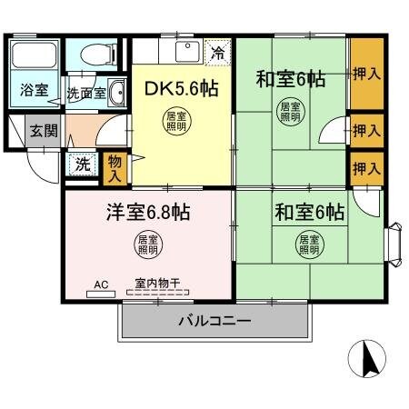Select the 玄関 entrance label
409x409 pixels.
tap(42, 130)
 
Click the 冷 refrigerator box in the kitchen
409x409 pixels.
tap(216, 52)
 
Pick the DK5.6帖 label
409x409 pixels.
tap(182, 89)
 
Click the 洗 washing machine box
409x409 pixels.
tap(82, 165)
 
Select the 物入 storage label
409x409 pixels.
tap(114, 166)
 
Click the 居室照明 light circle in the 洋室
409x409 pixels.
tap(147, 244)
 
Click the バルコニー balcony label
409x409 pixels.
tap(214, 320)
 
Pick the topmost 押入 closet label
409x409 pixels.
tap(365, 72)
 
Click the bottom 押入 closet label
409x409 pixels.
tap(365, 169)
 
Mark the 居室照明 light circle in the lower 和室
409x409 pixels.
tap(309, 244)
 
